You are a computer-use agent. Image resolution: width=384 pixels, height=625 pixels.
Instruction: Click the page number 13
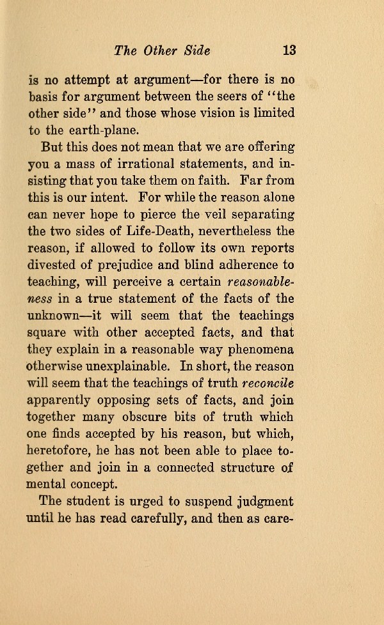click(x=289, y=50)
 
